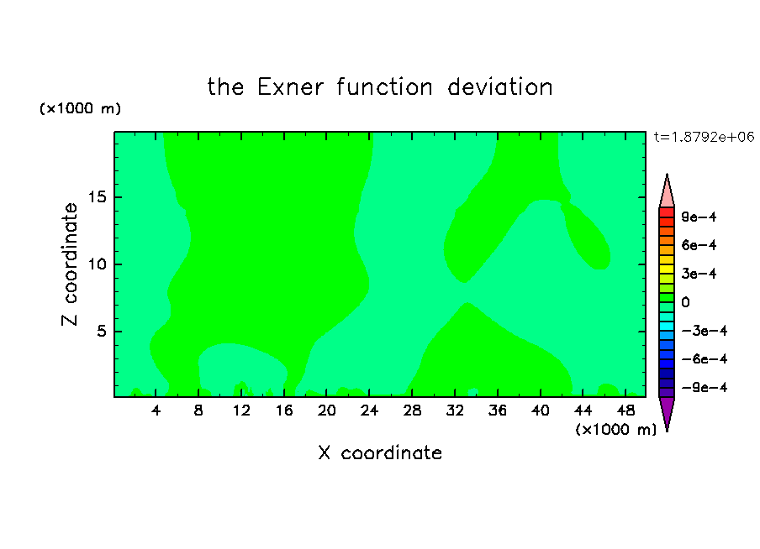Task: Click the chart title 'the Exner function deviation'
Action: (380, 87)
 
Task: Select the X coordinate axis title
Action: (380, 452)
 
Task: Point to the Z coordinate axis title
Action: (69, 264)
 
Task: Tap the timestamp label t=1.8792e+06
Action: (704, 137)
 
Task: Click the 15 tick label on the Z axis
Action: (97, 197)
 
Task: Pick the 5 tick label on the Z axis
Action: (101, 331)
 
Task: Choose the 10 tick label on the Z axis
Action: (97, 264)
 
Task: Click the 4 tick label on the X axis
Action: (156, 410)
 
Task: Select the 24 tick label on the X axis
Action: (369, 410)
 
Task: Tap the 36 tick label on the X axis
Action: (498, 410)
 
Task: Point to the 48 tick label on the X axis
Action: (625, 410)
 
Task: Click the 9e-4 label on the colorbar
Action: (699, 217)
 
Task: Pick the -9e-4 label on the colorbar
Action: (705, 387)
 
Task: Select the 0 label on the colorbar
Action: (685, 302)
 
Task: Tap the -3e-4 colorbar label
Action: (705, 331)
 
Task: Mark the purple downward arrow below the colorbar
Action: (667, 411)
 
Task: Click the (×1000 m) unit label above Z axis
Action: (80, 108)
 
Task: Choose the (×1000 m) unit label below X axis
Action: (615, 429)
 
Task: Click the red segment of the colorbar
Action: (667, 212)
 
